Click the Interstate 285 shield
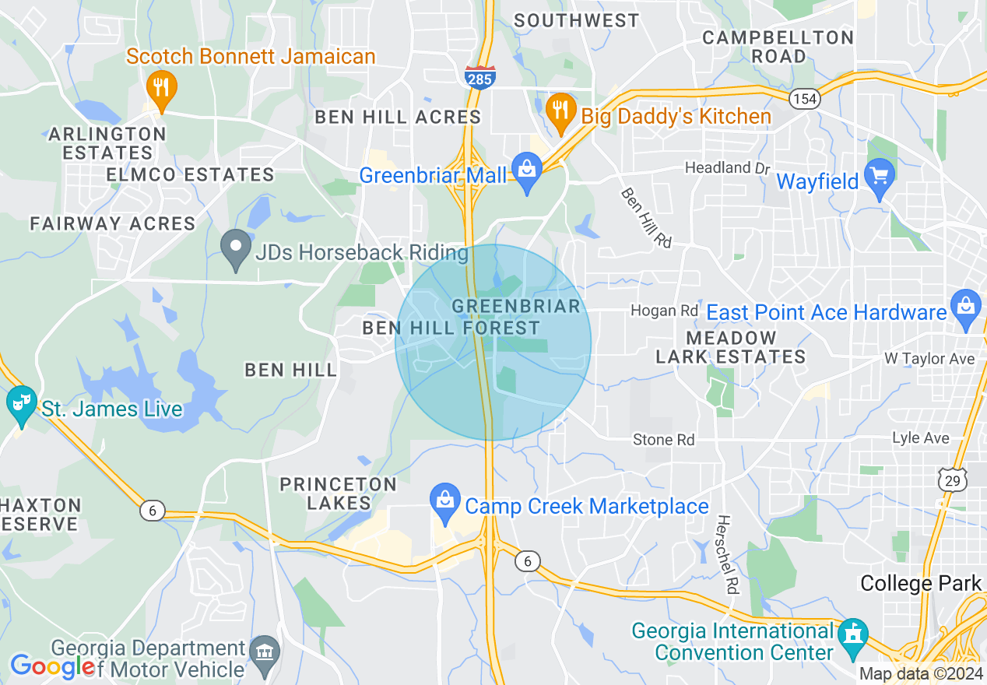(x=480, y=77)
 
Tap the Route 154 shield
(x=804, y=99)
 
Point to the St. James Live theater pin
(x=21, y=405)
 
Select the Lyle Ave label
(x=921, y=438)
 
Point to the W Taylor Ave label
(x=929, y=359)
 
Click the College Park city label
(x=921, y=583)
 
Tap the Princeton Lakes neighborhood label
(x=338, y=494)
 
